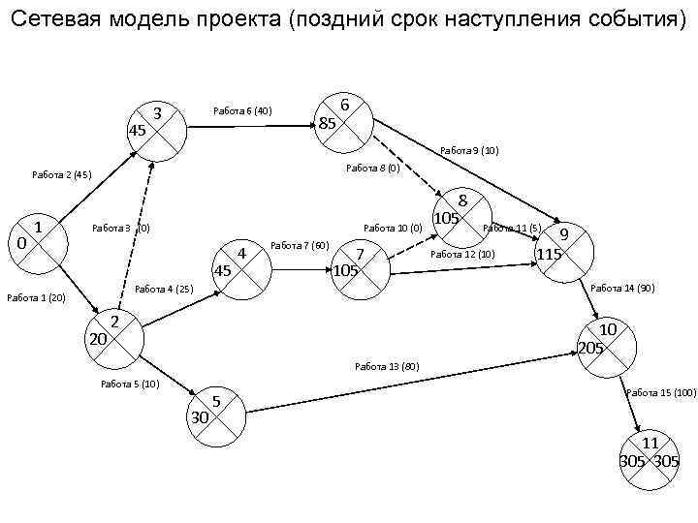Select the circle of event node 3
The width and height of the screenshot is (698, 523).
(x=155, y=127)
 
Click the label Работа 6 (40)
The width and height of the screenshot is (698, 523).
(x=243, y=111)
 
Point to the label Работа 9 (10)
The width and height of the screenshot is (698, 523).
(x=469, y=151)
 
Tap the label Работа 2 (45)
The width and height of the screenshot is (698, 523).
(x=61, y=175)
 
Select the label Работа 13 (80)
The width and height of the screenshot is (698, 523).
(x=387, y=366)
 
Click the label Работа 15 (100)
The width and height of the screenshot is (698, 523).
(x=661, y=392)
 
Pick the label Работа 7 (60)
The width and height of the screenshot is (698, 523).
(x=301, y=245)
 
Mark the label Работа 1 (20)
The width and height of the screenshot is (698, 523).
(x=36, y=297)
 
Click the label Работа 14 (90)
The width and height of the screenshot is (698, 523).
(x=622, y=289)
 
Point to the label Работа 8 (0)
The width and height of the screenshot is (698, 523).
(x=373, y=169)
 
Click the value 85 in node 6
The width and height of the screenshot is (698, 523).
(x=328, y=123)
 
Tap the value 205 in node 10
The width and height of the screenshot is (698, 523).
(x=590, y=347)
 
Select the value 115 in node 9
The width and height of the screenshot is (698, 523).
(x=550, y=254)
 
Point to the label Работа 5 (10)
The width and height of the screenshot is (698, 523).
(x=130, y=385)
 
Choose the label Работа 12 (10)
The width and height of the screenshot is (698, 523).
(x=462, y=255)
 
